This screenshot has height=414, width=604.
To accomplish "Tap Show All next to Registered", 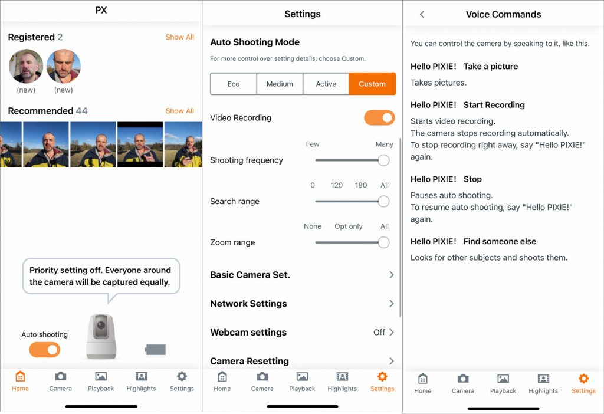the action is click(x=179, y=37).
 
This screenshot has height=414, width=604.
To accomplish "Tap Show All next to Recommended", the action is click(x=179, y=111).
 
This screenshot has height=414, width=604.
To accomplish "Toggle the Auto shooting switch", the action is click(x=45, y=350).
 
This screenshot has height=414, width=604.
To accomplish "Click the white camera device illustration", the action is click(x=101, y=336).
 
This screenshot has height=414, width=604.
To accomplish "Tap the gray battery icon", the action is click(x=155, y=350).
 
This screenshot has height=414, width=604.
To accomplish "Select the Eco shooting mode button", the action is click(x=234, y=84).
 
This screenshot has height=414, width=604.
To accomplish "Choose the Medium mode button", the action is click(x=280, y=84).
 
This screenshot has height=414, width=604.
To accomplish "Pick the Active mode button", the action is click(x=326, y=84).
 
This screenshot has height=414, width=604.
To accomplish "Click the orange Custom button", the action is click(x=372, y=84).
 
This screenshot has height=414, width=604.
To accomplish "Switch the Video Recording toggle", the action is click(x=379, y=118).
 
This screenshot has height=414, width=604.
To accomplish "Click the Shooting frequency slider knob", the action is click(x=383, y=160).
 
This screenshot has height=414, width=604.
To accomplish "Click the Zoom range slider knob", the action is click(x=383, y=242).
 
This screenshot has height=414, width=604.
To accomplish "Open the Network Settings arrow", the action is click(x=392, y=304).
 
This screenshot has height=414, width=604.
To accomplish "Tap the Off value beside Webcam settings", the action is click(x=379, y=333).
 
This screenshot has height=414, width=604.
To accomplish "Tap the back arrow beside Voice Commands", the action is click(x=422, y=14).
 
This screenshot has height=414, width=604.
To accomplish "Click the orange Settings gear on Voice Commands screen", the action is click(x=583, y=379).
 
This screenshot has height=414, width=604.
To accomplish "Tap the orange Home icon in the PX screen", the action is click(x=20, y=376).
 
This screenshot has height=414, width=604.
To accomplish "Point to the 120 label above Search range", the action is click(x=337, y=185).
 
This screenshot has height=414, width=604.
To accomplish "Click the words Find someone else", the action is click(x=500, y=241).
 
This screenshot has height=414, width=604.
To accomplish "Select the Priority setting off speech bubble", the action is click(x=101, y=276).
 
